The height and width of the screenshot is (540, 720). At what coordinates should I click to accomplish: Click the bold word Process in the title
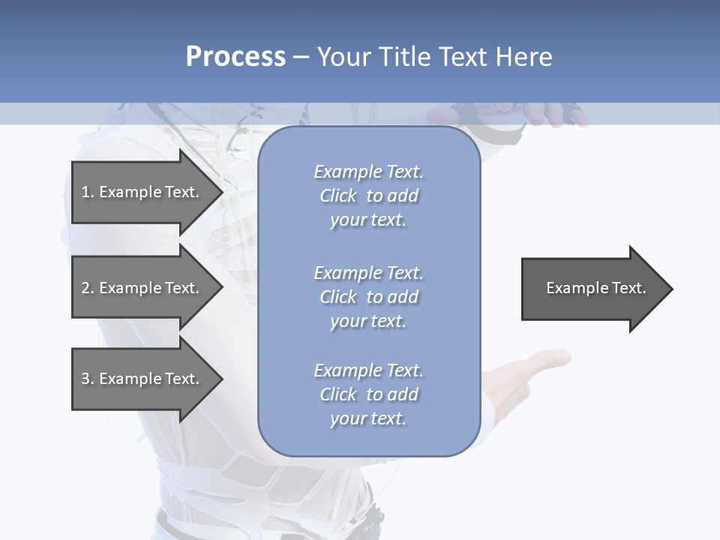pyautogui.click(x=235, y=57)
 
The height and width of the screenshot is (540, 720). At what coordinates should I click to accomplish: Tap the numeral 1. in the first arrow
pyautogui.click(x=88, y=192)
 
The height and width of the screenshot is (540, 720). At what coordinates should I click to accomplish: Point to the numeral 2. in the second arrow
pyautogui.click(x=88, y=288)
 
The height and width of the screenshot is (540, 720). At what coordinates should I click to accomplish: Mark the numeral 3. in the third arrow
pyautogui.click(x=88, y=379)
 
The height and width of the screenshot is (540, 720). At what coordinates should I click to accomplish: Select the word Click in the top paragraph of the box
pyautogui.click(x=338, y=196)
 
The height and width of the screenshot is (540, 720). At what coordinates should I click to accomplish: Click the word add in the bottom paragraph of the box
pyautogui.click(x=403, y=394)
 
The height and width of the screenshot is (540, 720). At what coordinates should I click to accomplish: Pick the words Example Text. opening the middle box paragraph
pyautogui.click(x=368, y=273)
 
